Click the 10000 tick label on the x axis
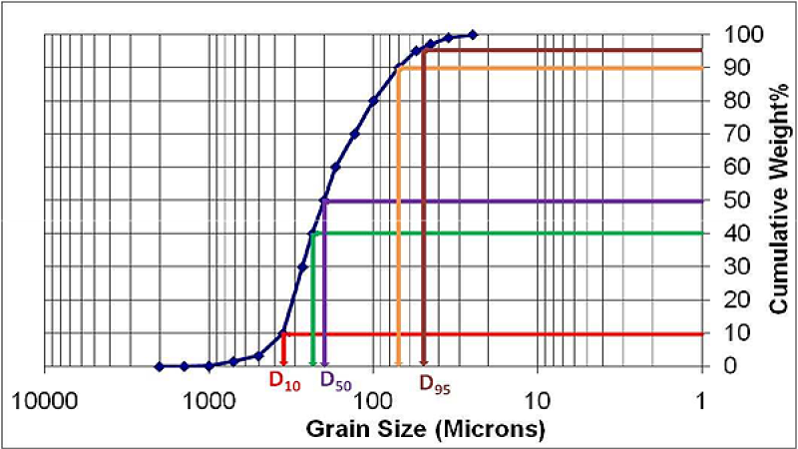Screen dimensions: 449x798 click(x=44, y=404)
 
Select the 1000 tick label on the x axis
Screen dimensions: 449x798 click(x=209, y=404)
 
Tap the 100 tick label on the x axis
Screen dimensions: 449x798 click(x=373, y=404)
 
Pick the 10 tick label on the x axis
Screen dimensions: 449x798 click(x=538, y=404)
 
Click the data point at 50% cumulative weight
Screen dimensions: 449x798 click(x=324, y=201)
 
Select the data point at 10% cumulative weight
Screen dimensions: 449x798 click(x=284, y=333)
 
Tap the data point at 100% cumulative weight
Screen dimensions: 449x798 click(x=473, y=35)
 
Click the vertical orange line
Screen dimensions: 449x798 click(x=398, y=220)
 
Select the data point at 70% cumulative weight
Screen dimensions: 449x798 click(x=354, y=134)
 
